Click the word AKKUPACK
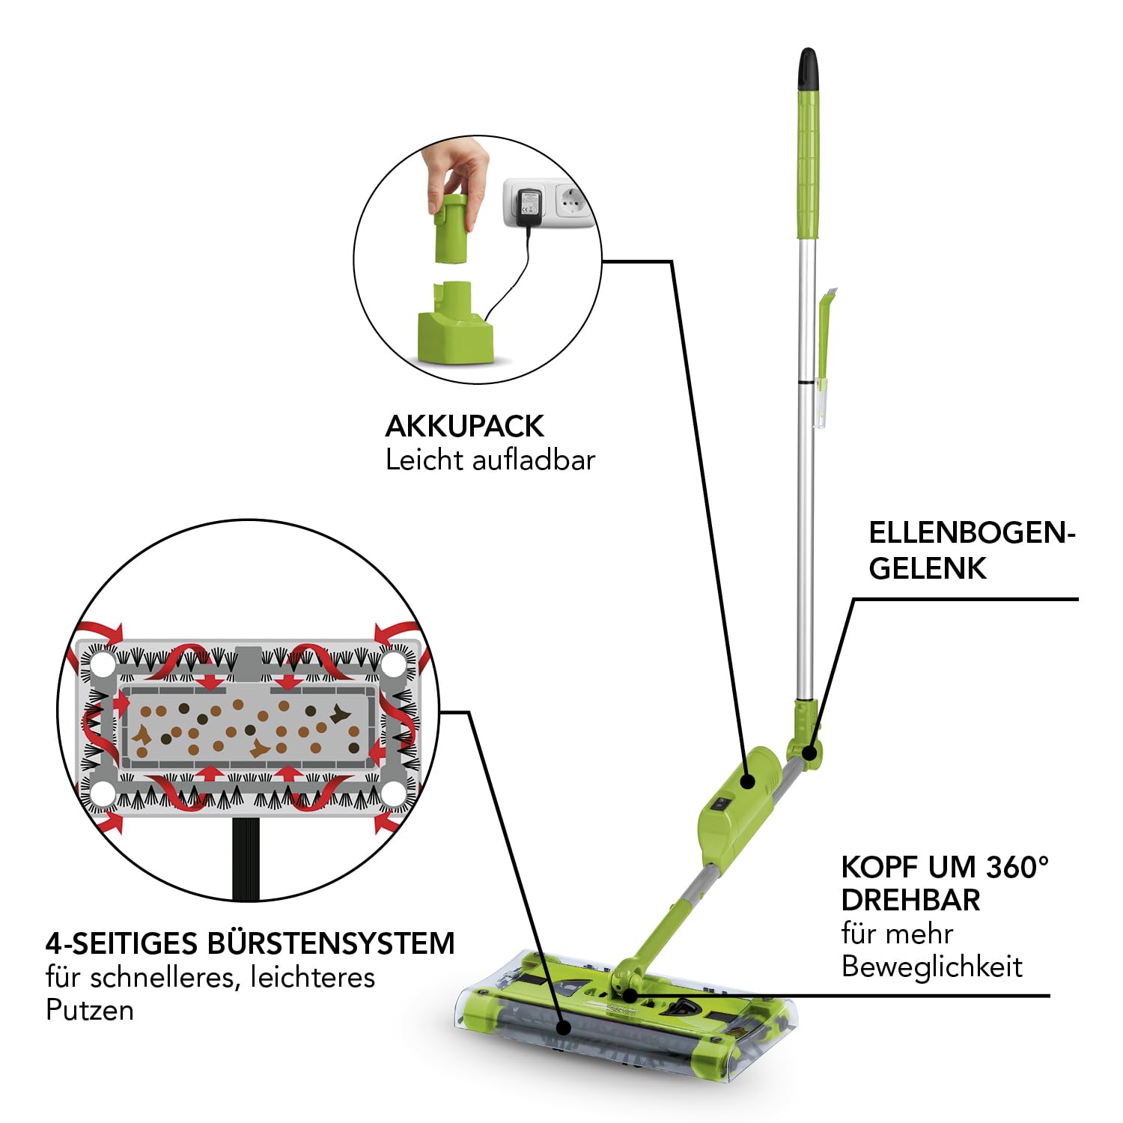(x=464, y=426)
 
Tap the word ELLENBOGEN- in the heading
(x=972, y=533)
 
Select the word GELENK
(x=928, y=568)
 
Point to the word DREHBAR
(x=910, y=900)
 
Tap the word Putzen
(x=90, y=1011)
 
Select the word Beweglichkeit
(x=931, y=967)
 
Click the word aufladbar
(x=533, y=460)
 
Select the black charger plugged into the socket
(x=527, y=207)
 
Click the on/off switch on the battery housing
(x=719, y=806)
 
